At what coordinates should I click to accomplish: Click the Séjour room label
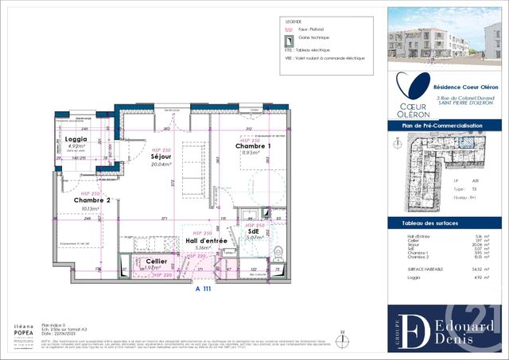click(x=161, y=157)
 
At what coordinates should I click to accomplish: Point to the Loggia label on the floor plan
click(x=75, y=139)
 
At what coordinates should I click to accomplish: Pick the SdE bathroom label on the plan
click(x=254, y=230)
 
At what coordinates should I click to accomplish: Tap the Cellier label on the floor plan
click(x=156, y=261)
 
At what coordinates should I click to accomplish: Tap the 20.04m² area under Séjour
click(x=161, y=166)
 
